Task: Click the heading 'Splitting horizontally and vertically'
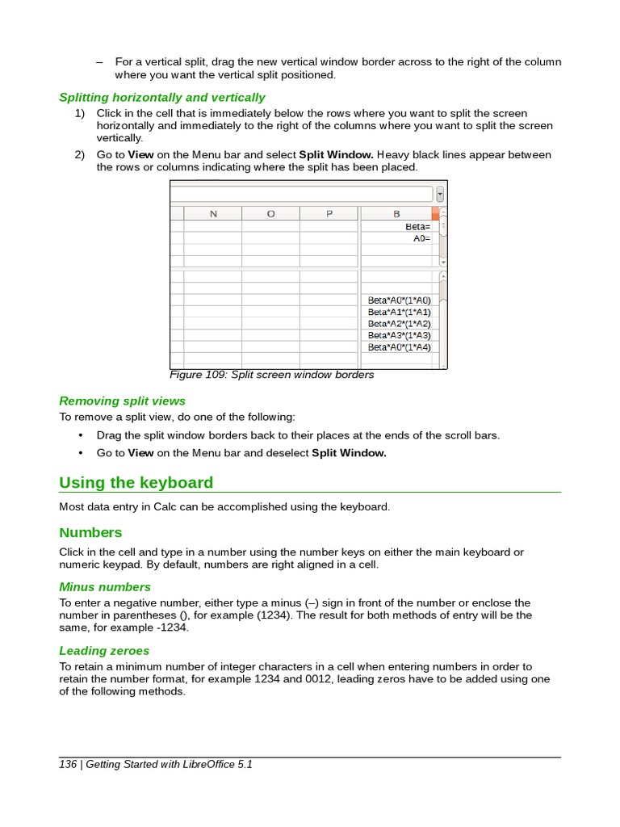[161, 98]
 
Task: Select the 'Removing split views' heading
[122, 401]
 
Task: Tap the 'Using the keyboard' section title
[136, 483]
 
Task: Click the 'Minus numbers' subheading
[105, 586]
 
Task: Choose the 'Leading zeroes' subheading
[104, 650]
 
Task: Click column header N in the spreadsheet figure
[213, 214]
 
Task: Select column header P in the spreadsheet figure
[329, 214]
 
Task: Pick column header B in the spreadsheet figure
[396, 214]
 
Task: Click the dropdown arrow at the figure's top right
[440, 194]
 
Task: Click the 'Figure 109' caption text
[271, 375]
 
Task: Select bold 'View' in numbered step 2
[140, 154]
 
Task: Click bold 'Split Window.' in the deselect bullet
[349, 453]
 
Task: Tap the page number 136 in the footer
[68, 764]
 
